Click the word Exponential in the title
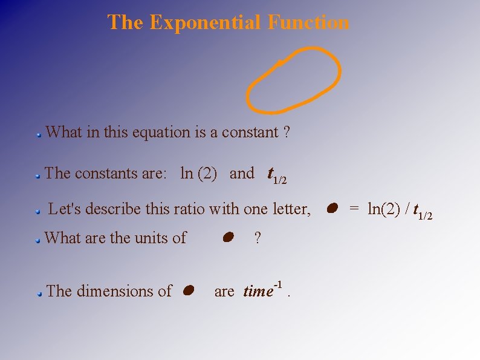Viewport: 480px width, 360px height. (x=206, y=22)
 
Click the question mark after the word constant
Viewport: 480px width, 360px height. (x=286, y=132)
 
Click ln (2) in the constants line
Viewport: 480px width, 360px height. (x=199, y=173)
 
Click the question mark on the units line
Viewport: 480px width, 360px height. (x=258, y=238)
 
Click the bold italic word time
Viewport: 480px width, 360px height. (x=258, y=292)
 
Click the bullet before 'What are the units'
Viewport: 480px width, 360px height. (x=37, y=240)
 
